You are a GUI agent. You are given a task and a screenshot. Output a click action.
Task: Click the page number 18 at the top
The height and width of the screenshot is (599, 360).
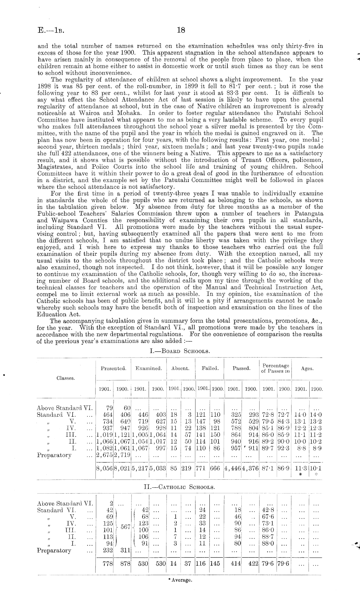tap(181, 30)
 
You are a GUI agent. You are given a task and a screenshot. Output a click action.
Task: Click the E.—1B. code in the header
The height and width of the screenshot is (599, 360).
tap(51, 31)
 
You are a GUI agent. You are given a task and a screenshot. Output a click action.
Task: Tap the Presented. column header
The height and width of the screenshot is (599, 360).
tap(113, 368)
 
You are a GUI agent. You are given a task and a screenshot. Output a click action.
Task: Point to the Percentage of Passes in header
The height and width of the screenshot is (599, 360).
tap(275, 368)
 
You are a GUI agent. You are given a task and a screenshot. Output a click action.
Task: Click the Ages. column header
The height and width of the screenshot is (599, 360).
tap(307, 368)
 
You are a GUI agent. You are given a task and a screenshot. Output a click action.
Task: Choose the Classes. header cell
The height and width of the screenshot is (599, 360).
tap(66, 378)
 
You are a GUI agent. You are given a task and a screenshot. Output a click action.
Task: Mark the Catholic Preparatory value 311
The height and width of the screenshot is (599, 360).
tap(124, 550)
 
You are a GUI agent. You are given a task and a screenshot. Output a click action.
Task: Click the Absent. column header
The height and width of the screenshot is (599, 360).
tap(180, 368)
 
